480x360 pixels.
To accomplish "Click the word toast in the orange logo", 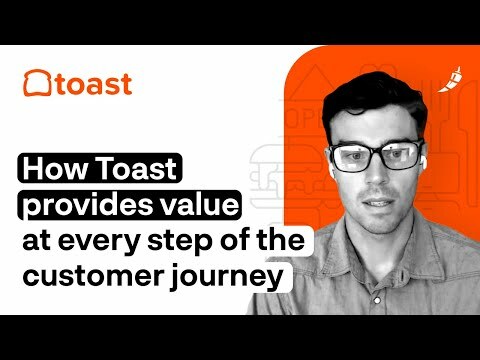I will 92,83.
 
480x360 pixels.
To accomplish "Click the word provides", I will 76,207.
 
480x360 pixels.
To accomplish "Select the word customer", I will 87,276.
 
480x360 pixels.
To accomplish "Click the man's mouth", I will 381,215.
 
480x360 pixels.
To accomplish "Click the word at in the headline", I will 38,242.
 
